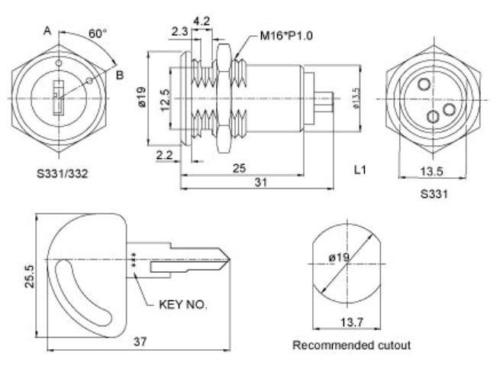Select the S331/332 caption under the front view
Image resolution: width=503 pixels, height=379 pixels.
click(63, 173)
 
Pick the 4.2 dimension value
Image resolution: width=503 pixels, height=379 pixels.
click(202, 21)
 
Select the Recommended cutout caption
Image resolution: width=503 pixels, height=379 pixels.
click(351, 345)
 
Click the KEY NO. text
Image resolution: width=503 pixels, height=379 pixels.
click(183, 305)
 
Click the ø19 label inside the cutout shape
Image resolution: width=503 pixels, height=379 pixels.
click(340, 258)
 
